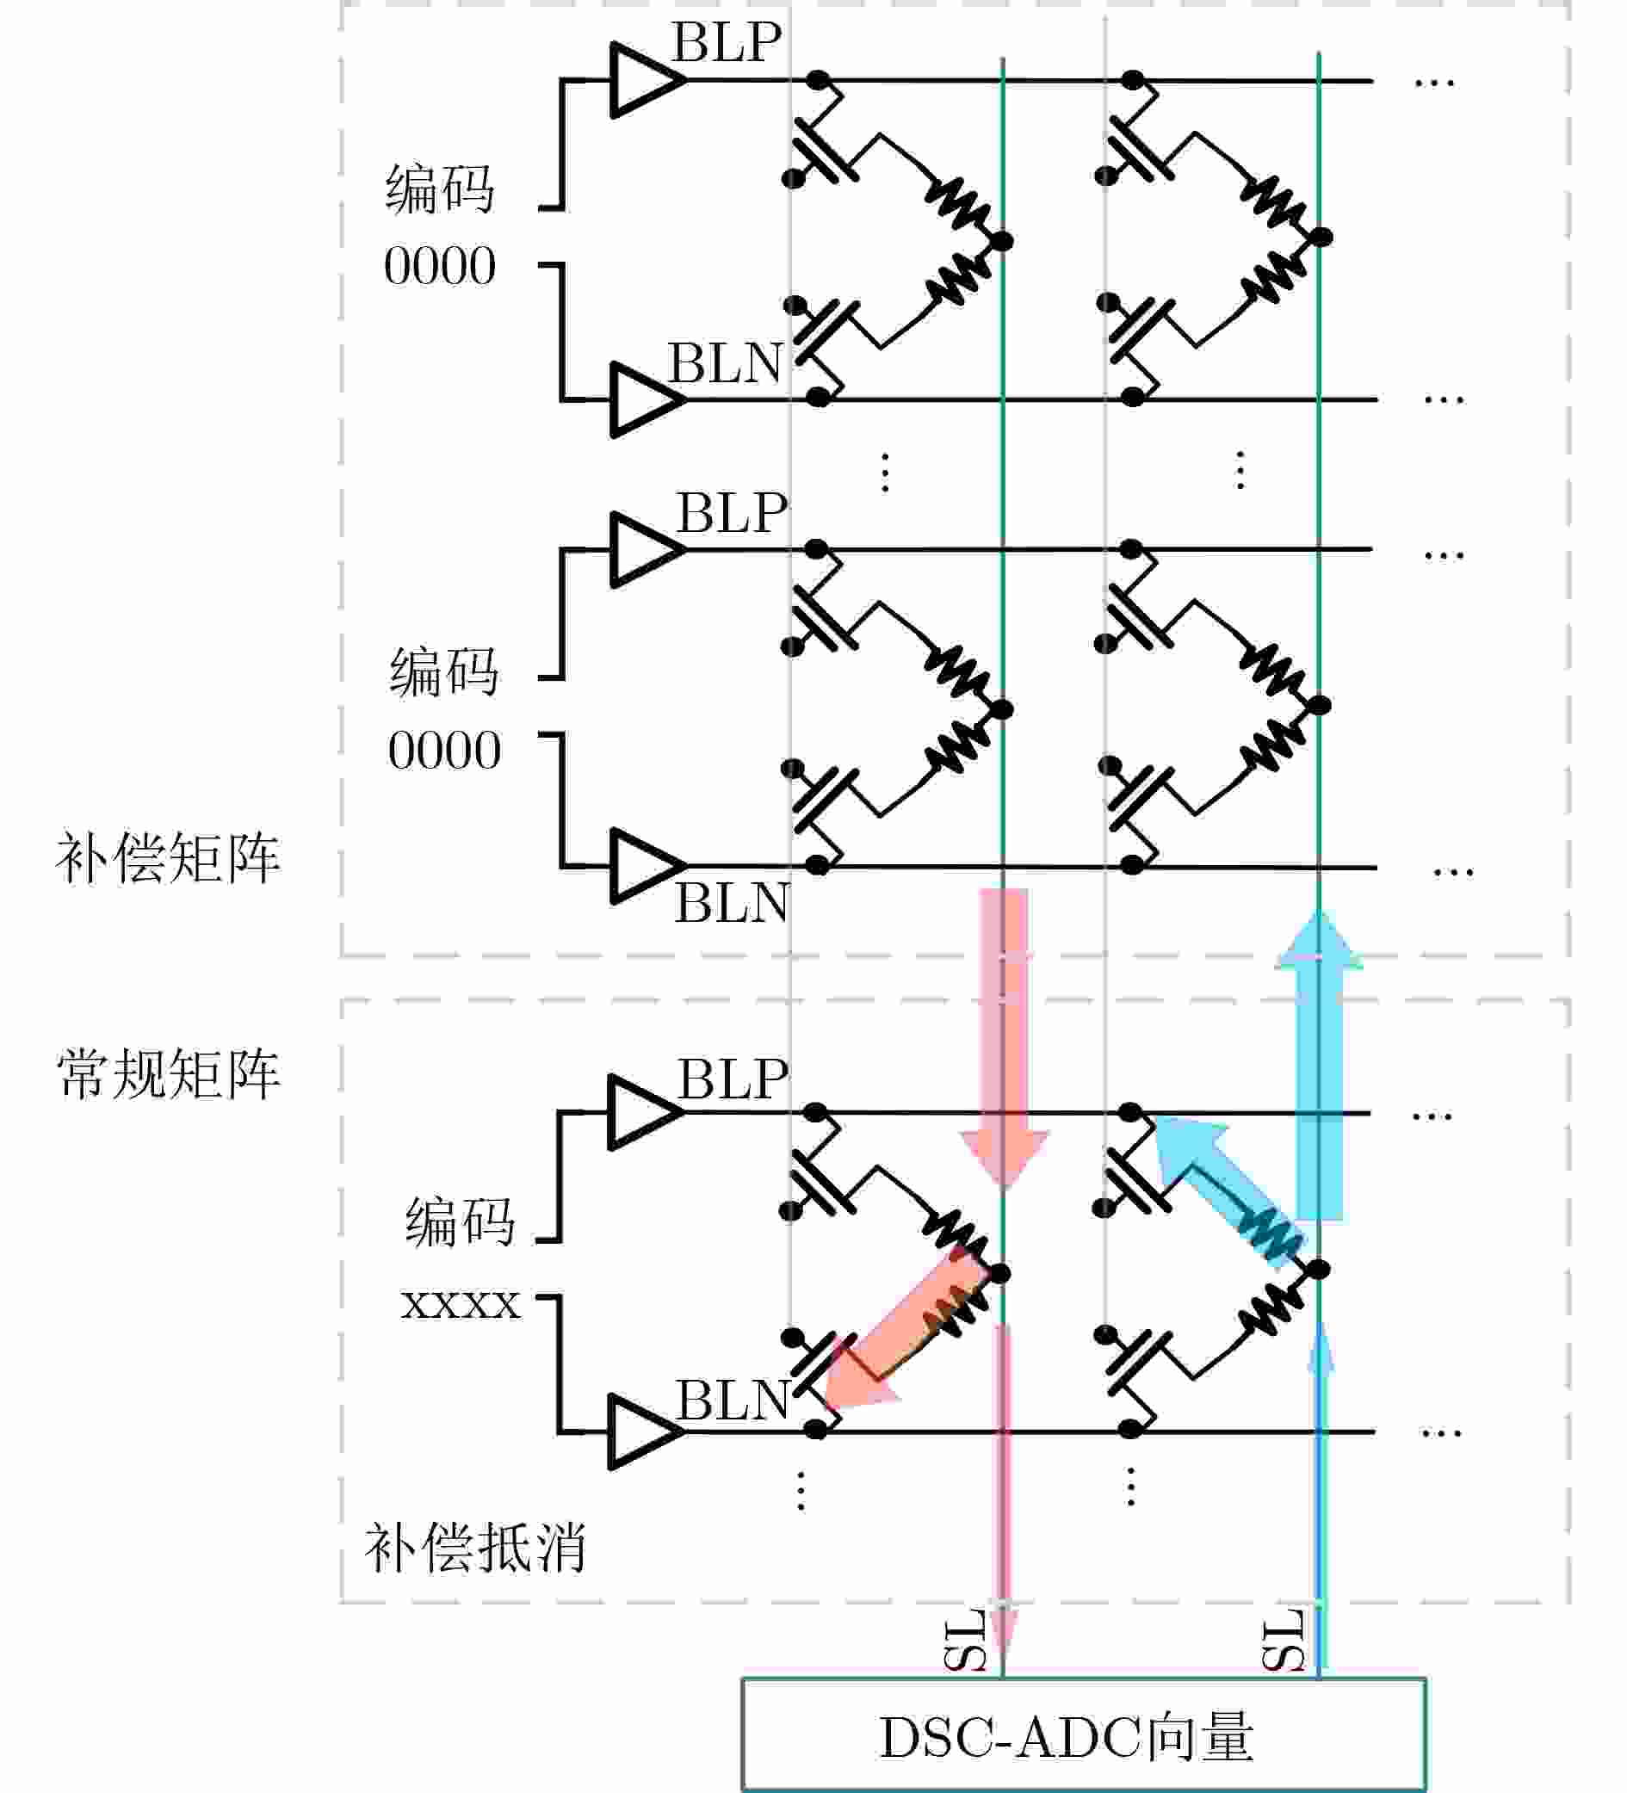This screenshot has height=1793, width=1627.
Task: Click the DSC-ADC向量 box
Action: pyautogui.click(x=1084, y=1735)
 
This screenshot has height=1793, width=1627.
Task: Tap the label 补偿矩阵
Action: pyautogui.click(x=167, y=858)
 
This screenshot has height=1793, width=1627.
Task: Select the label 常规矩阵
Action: pyautogui.click(x=167, y=1073)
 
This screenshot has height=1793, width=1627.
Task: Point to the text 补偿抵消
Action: pyautogui.click(x=475, y=1548)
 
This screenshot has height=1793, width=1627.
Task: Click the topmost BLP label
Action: pyautogui.click(x=727, y=42)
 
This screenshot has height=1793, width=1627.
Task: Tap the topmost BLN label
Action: pyautogui.click(x=725, y=363)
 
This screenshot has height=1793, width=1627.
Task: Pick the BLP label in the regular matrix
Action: pyautogui.click(x=732, y=1079)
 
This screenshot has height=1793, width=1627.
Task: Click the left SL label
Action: pyautogui.click(x=964, y=1639)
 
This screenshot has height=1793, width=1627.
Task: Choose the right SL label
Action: pyautogui.click(x=1283, y=1639)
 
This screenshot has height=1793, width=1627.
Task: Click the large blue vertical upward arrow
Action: pyautogui.click(x=1318, y=1067)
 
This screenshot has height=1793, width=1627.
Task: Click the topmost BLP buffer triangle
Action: pyautogui.click(x=642, y=80)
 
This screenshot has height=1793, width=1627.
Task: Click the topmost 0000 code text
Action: pyautogui.click(x=439, y=266)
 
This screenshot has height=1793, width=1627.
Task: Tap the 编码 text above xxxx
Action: pyautogui.click(x=460, y=1221)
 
